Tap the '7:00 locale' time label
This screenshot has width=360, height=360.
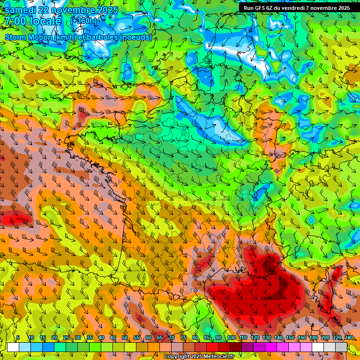coord(33,22)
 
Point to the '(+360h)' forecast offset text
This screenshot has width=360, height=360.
coord(84,21)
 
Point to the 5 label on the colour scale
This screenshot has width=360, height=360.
coord(18,337)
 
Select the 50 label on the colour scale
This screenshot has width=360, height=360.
coord(125,337)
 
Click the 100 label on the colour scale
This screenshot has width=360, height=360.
coord(231,337)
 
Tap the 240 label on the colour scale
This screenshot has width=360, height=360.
coord(348,337)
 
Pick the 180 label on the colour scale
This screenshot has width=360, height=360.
coord(313,337)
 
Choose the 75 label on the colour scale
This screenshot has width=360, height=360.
coord(183,337)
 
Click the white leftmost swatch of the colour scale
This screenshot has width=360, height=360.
coord(13,347)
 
